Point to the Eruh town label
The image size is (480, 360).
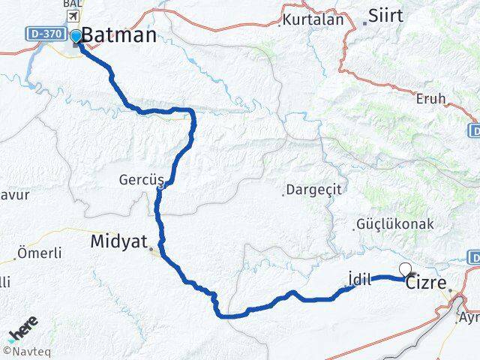pyautogui.click(x=430, y=98)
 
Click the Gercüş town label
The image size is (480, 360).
pyautogui.click(x=136, y=180)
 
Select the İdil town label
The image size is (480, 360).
pyautogui.click(x=361, y=278)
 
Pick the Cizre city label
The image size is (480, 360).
pyautogui.click(x=426, y=285)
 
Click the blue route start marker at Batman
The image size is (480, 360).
pyautogui.click(x=76, y=35)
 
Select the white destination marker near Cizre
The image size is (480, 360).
pyautogui.click(x=405, y=269)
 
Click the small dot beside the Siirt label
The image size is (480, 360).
pyautogui.click(x=365, y=22)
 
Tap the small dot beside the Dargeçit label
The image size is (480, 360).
pyautogui.click(x=283, y=193)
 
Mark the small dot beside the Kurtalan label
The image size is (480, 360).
pyautogui.click(x=280, y=24)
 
